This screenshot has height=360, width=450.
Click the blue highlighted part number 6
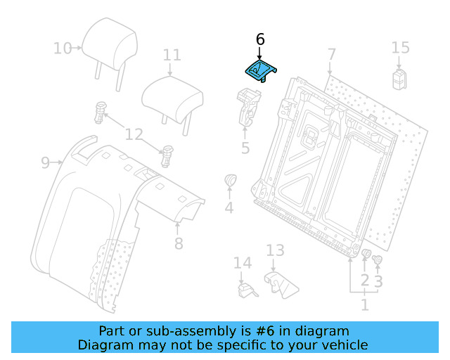pos(260,70)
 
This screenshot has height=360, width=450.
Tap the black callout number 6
pos(260,40)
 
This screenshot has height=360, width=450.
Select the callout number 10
pos(63,49)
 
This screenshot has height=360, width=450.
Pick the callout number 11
pos(172,55)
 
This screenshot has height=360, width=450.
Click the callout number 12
pos(134,134)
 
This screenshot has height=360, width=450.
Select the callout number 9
pos(45,163)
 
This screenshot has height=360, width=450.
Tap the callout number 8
pos(179,243)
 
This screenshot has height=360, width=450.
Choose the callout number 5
pos(245,148)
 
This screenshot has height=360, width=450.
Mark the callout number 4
pos(229,207)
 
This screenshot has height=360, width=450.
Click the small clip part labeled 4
pos(230,181)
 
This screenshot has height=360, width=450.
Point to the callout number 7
pos(331,54)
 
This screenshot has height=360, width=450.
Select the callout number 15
pos(400,48)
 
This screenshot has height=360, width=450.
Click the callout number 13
pos(275,250)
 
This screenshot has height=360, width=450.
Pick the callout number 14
pos(242,264)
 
